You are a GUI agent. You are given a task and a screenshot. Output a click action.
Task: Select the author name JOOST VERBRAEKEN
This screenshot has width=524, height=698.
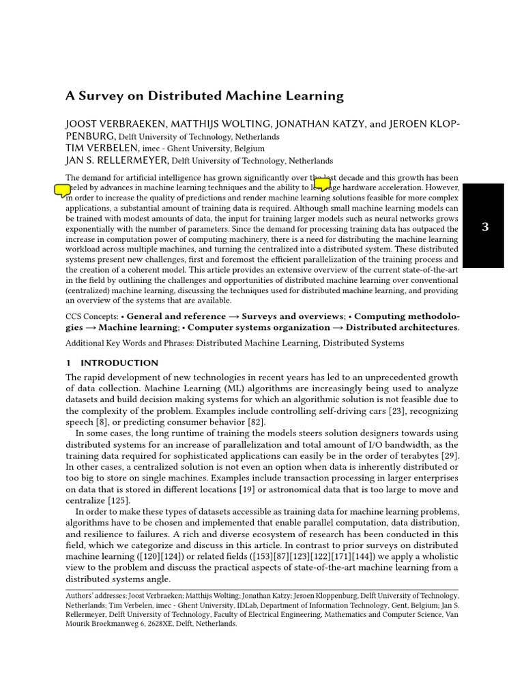tap(108, 124)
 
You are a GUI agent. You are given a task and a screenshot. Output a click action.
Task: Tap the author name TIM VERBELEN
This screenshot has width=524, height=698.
tap(102, 148)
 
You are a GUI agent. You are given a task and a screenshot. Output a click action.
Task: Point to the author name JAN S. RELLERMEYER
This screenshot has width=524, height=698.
tap(117, 161)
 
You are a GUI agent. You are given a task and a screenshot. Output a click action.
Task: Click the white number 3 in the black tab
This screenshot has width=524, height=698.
tap(485, 227)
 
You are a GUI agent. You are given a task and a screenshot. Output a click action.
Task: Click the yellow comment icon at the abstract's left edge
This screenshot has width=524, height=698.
tap(62, 190)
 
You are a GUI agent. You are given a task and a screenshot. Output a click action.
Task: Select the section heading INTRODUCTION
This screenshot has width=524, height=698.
tap(119, 363)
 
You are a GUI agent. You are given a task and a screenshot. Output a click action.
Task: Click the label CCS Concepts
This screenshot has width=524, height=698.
tap(91, 316)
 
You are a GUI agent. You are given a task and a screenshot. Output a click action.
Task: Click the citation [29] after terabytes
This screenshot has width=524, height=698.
tap(449, 455)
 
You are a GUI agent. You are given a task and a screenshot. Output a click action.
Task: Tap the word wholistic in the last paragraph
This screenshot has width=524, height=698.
tap(437, 556)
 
